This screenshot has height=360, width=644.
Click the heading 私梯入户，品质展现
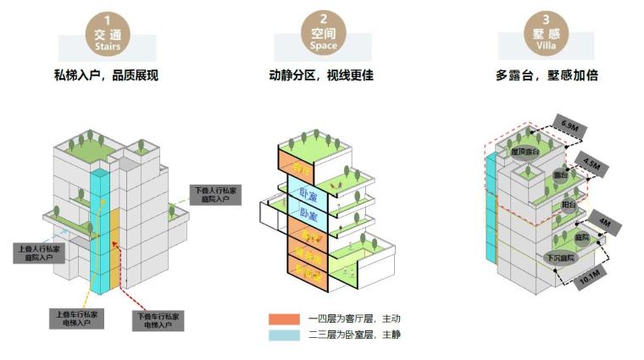coord(107,75)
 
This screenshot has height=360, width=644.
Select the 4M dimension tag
coord(602,222)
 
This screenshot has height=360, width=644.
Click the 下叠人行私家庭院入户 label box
coord(215,195)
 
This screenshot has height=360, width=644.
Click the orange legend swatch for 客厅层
coord(279,319)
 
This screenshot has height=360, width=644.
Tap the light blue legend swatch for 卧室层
coord(279,335)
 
